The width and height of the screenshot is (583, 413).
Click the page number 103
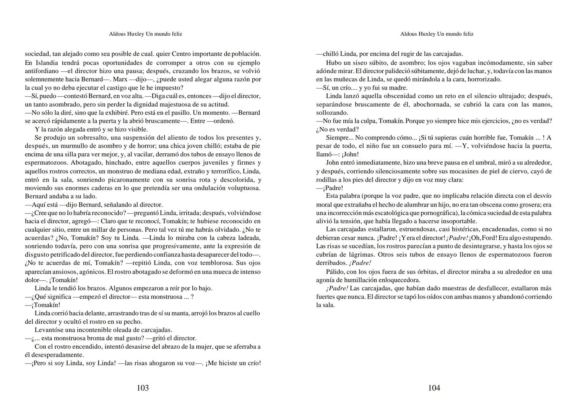[143, 388]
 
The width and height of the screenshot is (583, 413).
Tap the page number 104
[434, 388]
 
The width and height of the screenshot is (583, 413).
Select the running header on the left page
[145, 34]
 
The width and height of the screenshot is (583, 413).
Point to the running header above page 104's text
[437, 34]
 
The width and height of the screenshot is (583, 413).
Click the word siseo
[348, 63]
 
